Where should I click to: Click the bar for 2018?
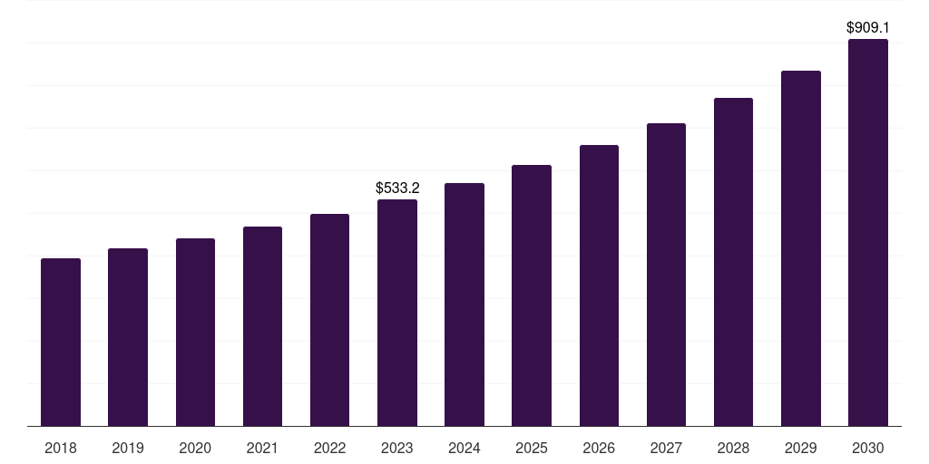coord(61,343)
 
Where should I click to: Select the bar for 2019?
coord(128,337)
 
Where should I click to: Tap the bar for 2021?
coord(262,326)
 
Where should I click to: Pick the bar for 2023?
coord(397,313)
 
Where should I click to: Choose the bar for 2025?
coord(532,295)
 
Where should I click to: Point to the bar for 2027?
coord(666,275)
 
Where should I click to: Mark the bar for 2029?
coord(801,248)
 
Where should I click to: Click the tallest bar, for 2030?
coord(868,233)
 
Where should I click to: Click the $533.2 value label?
coord(397,188)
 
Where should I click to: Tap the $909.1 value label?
coord(868,28)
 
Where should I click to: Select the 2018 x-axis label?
coord(61,449)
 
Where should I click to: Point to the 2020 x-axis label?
coord(195,449)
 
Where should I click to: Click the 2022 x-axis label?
coord(330,449)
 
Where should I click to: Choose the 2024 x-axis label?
coord(464,449)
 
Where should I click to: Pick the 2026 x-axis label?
coord(599,449)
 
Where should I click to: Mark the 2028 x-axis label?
coord(733,449)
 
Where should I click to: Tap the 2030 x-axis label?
coord(868,449)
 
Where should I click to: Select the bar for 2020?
coord(195,333)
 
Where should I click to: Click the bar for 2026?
coord(599,285)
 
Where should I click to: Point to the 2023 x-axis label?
coord(397,449)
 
